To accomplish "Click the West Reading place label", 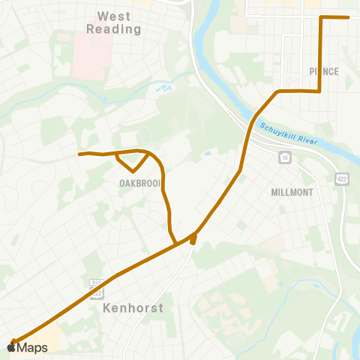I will [x=114, y=22].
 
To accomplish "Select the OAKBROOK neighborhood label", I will [x=140, y=183].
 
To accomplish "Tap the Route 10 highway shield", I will [x=285, y=157].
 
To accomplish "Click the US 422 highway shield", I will [x=342, y=178].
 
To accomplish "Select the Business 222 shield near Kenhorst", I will [x=95, y=283].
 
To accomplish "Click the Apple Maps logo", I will [x=28, y=347].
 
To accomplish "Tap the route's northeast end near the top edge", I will [x=348, y=17].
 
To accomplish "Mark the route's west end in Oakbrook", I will [x=80, y=154].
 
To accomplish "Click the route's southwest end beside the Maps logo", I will [x=13, y=341].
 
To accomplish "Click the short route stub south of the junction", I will [x=193, y=240].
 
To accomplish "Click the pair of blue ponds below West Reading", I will [x=163, y=88].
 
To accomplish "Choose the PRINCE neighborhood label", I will [x=323, y=72].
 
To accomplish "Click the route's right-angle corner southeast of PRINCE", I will [x=320, y=91].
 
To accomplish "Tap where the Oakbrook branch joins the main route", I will [x=176, y=243].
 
